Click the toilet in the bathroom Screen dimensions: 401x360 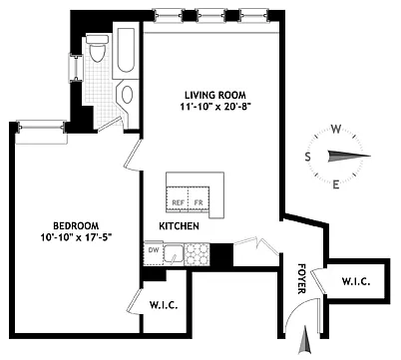pos(97,48)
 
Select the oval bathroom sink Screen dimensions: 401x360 pos(127,95)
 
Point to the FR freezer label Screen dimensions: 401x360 pos(199,202)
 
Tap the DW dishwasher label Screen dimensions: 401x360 pos(153,250)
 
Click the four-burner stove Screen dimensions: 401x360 pos(197,254)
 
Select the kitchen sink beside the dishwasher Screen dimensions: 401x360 pos(173,254)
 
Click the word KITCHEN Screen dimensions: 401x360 pos(179,226)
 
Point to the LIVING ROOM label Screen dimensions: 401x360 pos(215,95)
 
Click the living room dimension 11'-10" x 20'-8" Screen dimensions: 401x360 pos(215,107)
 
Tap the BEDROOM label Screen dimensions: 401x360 pos(76,226)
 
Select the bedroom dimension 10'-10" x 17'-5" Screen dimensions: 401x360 pos(75,238)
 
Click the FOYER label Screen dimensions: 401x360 pos(301,278)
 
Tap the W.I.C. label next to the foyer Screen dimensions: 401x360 pos(356,281)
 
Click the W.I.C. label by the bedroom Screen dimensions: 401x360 pos(164,305)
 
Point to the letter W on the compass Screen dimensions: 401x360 pos(336,129)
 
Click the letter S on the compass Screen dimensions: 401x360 pos(308,157)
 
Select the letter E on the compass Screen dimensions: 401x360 pos(336,184)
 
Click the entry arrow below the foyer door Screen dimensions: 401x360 pos(305,340)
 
